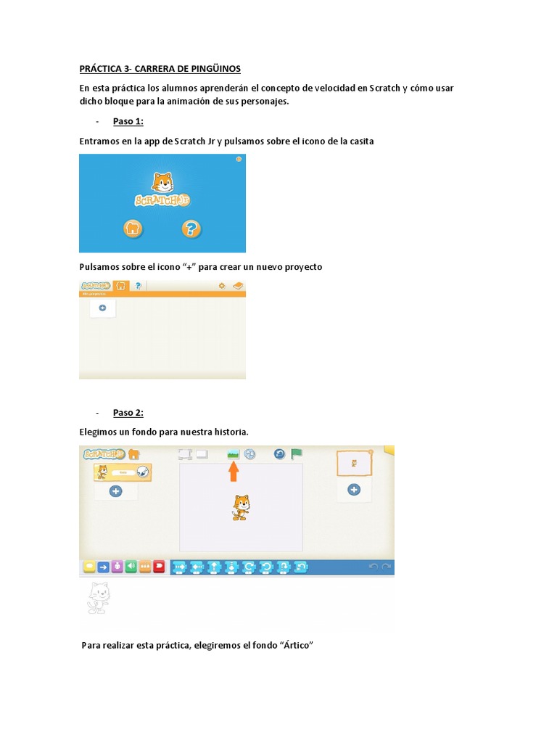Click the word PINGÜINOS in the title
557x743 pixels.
(213, 69)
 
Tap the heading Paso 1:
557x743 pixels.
(128, 121)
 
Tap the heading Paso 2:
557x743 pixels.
(128, 413)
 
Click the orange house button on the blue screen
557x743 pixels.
(132, 229)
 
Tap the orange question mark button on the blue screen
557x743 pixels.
(191, 229)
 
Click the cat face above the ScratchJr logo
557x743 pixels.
(162, 181)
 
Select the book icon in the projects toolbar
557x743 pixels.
(238, 286)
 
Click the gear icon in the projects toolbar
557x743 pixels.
(222, 286)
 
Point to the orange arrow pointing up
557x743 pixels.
(234, 472)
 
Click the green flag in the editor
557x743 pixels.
(297, 454)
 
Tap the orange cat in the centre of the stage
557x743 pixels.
(241, 507)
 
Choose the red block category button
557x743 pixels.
(159, 567)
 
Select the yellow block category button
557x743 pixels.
(89, 567)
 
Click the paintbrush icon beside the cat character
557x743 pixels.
(142, 472)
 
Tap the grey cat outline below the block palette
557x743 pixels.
(98, 598)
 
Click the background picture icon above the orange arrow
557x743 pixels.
(234, 454)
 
